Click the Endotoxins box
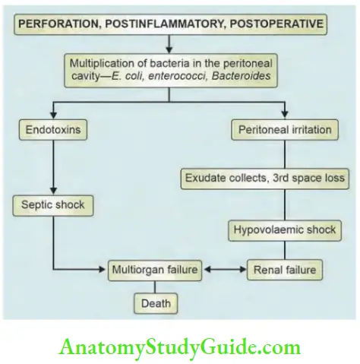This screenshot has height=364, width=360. click(x=50, y=130)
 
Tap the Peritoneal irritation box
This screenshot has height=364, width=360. click(x=285, y=130)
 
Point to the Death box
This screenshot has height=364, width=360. click(x=156, y=305)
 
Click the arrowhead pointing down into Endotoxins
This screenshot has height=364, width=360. click(x=50, y=115)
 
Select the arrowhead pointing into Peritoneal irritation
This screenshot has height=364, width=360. click(x=285, y=115)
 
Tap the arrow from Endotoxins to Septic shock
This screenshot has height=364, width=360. click(x=50, y=166)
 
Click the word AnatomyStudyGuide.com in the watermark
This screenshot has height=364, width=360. click(x=180, y=348)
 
